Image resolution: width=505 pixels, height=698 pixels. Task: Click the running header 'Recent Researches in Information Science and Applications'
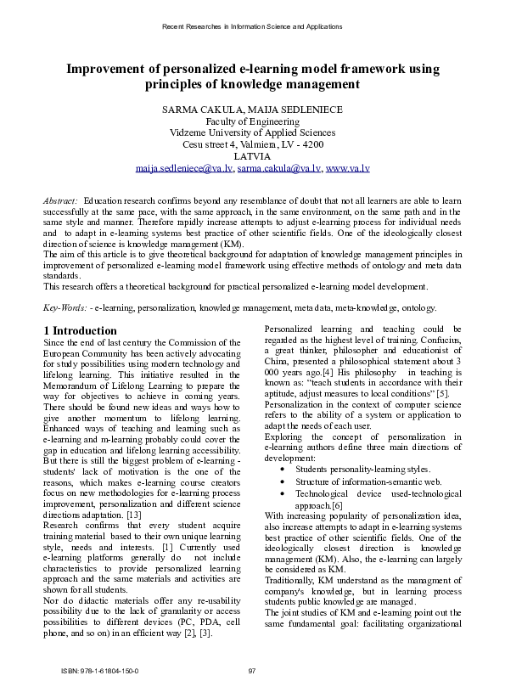(x=252, y=26)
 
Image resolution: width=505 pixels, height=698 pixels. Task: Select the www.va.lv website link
(x=348, y=169)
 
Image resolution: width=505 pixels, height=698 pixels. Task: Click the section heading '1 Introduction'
(x=80, y=330)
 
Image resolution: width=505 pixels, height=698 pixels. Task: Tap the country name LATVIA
(x=252, y=156)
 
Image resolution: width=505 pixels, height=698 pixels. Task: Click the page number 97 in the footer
(x=252, y=671)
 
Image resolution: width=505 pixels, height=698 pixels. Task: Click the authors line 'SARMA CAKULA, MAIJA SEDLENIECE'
(x=252, y=110)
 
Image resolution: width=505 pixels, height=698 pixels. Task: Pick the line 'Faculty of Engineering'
(x=252, y=121)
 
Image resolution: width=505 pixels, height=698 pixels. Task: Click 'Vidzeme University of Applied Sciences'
(x=252, y=133)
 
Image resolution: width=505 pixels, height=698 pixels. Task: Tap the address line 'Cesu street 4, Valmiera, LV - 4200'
(x=252, y=145)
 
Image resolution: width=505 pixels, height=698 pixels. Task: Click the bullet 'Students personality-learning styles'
(x=362, y=469)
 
